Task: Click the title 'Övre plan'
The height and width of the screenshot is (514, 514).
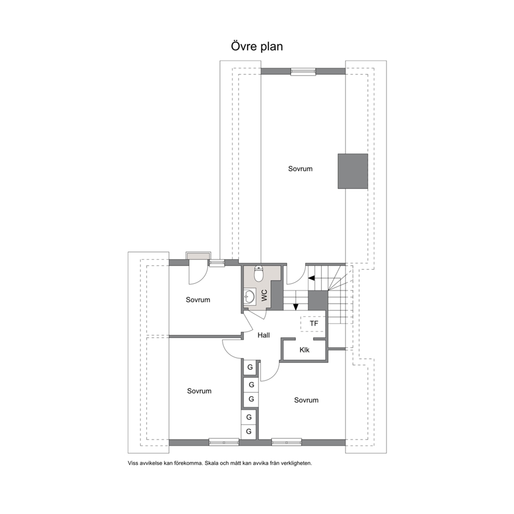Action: [x=256, y=46]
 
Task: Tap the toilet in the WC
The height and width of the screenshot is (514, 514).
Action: [x=259, y=274]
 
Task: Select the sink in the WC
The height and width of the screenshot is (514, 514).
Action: [x=249, y=297]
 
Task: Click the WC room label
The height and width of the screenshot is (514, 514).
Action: [x=264, y=295]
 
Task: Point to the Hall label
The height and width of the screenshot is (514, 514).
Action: [x=264, y=335]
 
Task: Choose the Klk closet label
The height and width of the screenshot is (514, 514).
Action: [x=305, y=350]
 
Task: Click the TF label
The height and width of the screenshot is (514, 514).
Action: [x=313, y=323]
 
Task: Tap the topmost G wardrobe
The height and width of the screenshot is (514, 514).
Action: [x=250, y=367]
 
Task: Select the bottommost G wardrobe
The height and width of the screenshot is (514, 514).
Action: [x=249, y=432]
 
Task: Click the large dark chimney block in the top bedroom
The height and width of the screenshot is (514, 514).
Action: [x=353, y=171]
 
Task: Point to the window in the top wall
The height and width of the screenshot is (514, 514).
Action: [x=303, y=72]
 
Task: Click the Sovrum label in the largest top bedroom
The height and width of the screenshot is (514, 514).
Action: [x=301, y=169]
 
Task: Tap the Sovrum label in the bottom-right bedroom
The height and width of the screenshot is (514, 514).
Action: [x=306, y=400]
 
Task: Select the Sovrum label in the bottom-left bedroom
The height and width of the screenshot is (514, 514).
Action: [x=199, y=391]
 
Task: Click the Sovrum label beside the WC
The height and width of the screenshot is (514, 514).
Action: [x=197, y=299]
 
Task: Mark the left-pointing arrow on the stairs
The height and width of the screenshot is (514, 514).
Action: [x=311, y=278]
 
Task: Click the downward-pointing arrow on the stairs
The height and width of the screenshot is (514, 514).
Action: [x=296, y=307]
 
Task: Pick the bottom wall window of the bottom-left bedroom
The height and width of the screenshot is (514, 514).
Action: [x=224, y=442]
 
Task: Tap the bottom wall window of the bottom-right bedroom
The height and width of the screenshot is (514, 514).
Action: [x=287, y=442]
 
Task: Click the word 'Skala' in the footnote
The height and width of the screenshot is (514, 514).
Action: [x=211, y=463]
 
